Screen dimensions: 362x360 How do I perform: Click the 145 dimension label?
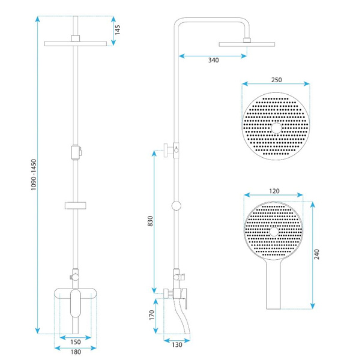[x=118, y=30]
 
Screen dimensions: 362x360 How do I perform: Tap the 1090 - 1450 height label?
[x=34, y=175]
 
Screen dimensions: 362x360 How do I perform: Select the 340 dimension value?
[x=213, y=60]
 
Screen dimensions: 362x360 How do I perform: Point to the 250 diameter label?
[x=276, y=80]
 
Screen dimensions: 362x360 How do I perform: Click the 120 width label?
[x=274, y=191]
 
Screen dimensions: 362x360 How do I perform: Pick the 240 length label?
[x=317, y=254]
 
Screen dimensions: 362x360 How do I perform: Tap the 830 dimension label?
[x=150, y=221]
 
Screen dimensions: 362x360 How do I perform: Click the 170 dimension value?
[x=151, y=315]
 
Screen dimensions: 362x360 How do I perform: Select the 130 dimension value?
[x=177, y=345]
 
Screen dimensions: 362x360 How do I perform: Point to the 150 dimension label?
[x=76, y=342]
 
